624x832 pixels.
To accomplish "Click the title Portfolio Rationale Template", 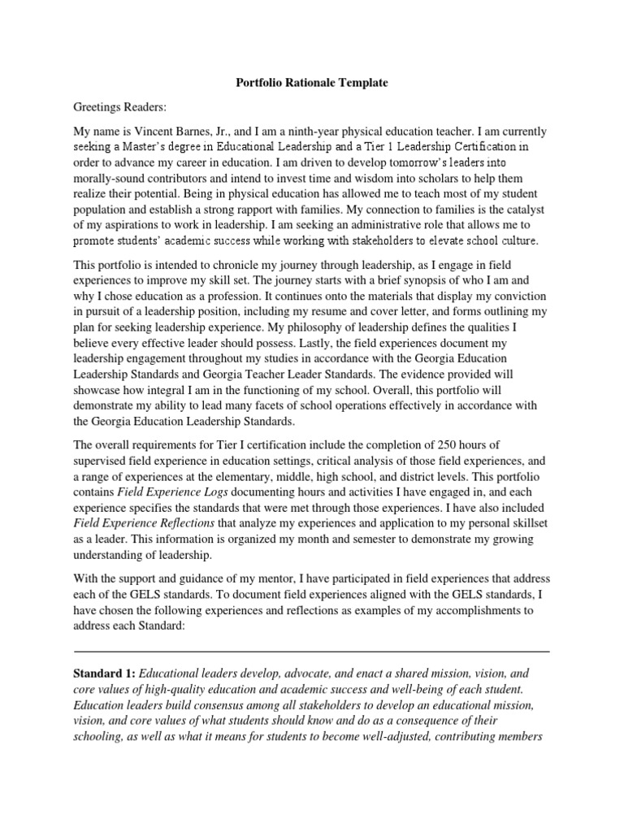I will [311, 82].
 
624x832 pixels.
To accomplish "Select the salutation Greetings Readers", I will [111, 106].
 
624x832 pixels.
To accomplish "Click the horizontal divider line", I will [311, 652].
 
